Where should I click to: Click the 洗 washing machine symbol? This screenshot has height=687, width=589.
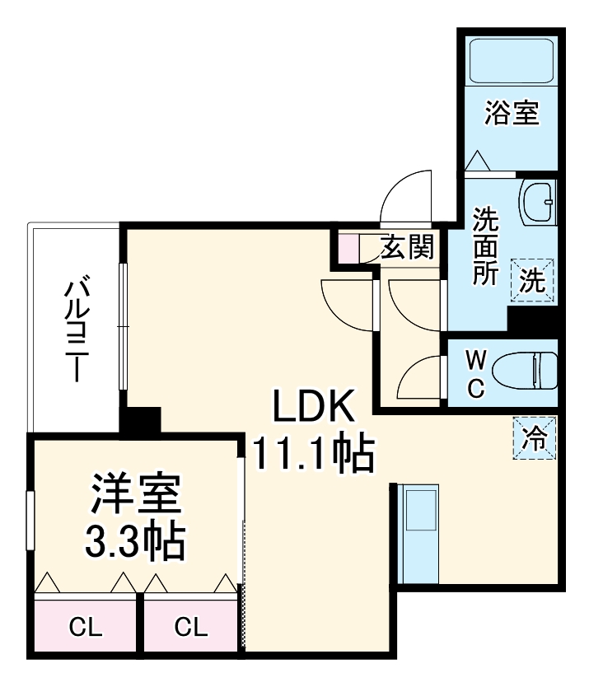(x=532, y=281)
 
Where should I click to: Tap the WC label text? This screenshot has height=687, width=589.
(x=476, y=375)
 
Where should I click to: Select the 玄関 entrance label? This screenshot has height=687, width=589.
(x=407, y=246)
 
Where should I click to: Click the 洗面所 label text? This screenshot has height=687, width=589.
(x=484, y=246)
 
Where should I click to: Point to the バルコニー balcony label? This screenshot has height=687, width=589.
(x=78, y=329)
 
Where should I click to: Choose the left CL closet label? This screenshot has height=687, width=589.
(x=85, y=628)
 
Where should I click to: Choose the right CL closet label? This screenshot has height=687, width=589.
(x=191, y=628)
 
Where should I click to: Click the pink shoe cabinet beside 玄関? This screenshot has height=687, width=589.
(x=347, y=248)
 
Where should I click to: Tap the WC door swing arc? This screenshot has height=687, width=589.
(x=420, y=377)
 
